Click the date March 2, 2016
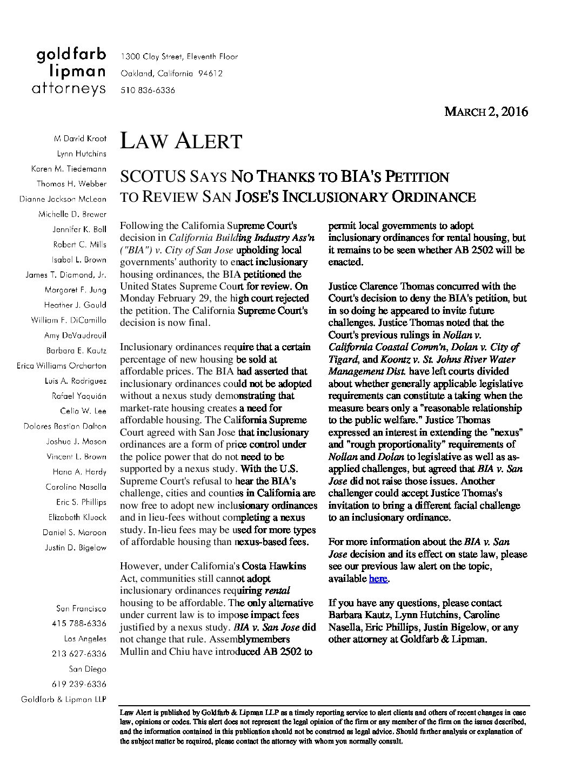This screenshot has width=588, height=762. coord(485,112)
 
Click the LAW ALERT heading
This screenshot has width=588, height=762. coord(180,141)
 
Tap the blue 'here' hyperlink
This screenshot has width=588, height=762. coord(378,579)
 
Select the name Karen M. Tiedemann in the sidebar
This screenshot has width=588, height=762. coord(69,169)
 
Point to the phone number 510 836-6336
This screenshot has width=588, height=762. coord(148,90)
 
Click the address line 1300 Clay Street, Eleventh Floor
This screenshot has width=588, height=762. coord(179,56)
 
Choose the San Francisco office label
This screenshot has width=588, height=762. coord(81,608)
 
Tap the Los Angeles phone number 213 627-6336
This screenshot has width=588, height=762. coord(79,654)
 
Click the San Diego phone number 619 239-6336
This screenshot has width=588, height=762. coord(79,684)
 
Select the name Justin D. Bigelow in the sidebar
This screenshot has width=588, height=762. coord(75,548)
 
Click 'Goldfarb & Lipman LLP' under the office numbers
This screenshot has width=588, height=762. coord(63,699)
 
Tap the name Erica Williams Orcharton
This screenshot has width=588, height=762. coord(62,366)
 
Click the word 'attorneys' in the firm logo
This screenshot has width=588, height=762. coord(69,89)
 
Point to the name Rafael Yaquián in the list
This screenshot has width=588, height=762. coord(79,396)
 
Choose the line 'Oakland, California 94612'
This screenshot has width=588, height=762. coord(171,74)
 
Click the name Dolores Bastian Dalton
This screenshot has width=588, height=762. coord(65,426)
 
